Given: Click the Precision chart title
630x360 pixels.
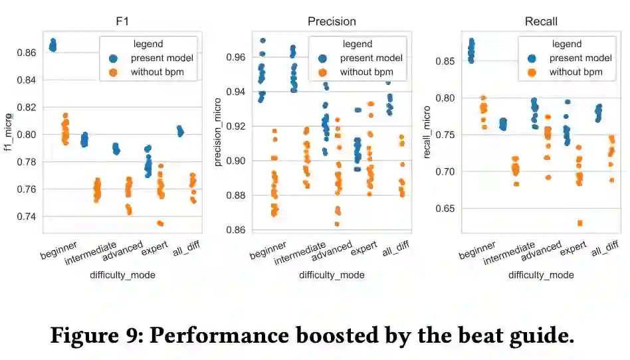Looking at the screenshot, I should (x=331, y=21).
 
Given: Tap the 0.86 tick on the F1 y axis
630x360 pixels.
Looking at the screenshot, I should (x=29, y=52).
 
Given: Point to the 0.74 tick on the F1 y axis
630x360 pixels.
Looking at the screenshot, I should (x=29, y=217).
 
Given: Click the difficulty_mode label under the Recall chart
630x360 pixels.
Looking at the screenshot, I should (x=540, y=274).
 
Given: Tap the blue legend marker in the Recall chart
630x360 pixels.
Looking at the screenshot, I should (x=532, y=58).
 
